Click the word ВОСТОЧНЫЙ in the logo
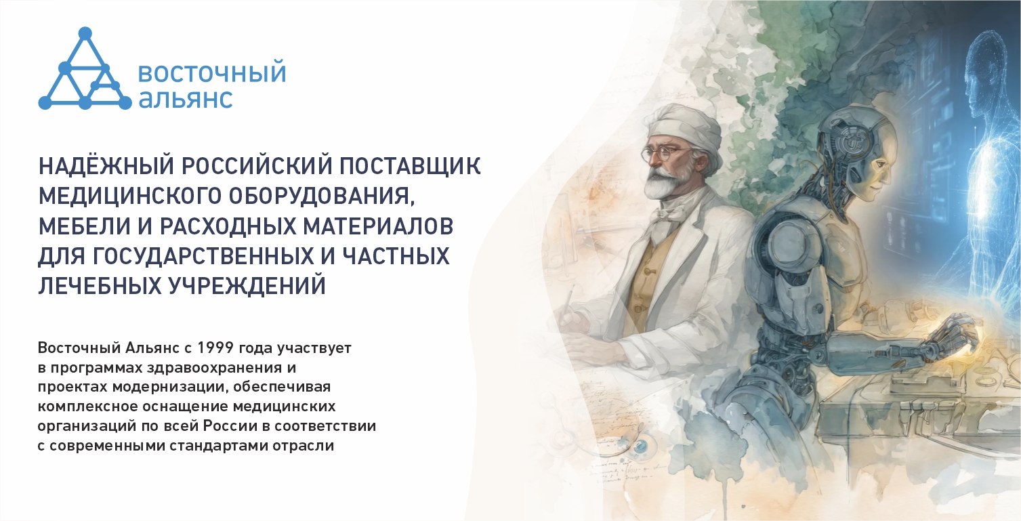[x=212, y=73]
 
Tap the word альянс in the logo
[x=186, y=98]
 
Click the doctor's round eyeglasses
[x=658, y=153]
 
